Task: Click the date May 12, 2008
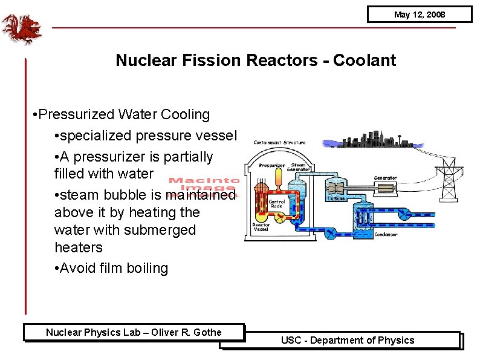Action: click(419, 15)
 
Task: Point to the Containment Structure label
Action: click(279, 143)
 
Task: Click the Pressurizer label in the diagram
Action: click(271, 165)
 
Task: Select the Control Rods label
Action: click(276, 203)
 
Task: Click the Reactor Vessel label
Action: click(262, 228)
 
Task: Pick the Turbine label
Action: click(336, 198)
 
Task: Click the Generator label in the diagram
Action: click(385, 178)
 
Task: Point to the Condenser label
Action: click(386, 234)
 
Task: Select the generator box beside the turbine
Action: click(386, 188)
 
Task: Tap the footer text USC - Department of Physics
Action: click(348, 340)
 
